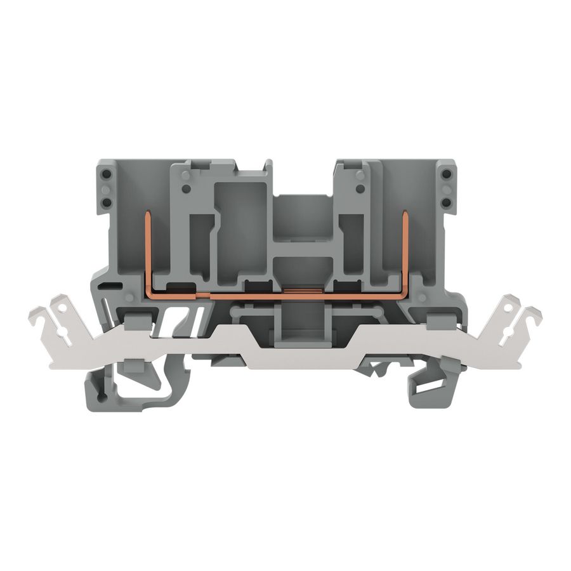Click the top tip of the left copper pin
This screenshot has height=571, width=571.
[148, 216]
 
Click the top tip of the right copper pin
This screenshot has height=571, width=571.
[404, 216]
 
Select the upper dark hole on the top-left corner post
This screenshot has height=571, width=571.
[105, 173]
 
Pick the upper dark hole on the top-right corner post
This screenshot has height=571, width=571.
[447, 173]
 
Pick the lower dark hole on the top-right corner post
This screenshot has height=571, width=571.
[447, 202]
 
